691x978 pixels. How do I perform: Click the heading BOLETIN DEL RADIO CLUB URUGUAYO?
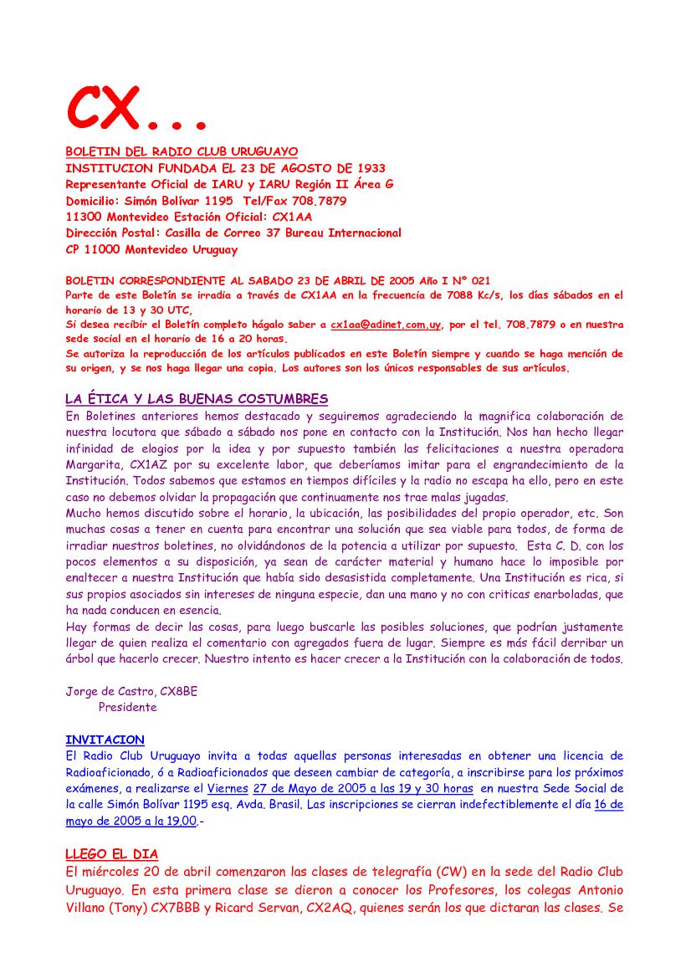(x=182, y=151)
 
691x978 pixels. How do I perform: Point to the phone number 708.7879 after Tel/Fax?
(x=319, y=201)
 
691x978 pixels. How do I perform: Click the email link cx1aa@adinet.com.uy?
(x=386, y=324)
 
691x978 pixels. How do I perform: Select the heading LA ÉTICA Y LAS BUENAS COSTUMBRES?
(x=197, y=398)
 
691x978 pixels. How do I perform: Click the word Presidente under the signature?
(x=127, y=707)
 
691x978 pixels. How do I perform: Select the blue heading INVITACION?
(x=105, y=740)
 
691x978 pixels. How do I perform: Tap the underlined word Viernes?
(x=227, y=788)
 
